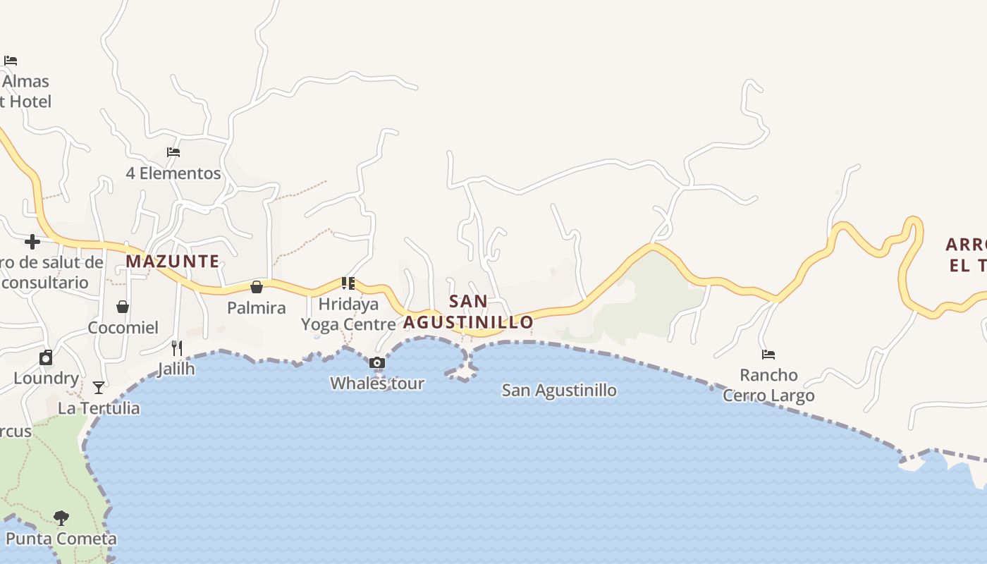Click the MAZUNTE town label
click(x=172, y=262)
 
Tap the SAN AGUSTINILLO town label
click(x=468, y=312)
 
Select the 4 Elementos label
click(x=173, y=173)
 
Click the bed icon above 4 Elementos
click(x=173, y=152)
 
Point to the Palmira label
click(x=257, y=308)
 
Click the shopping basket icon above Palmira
click(x=257, y=287)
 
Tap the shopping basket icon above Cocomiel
click(x=123, y=307)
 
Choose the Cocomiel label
click(x=123, y=328)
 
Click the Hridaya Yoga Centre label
click(x=348, y=314)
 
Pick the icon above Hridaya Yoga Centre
click(x=348, y=283)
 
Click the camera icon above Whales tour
click(x=377, y=363)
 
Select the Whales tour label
click(x=377, y=384)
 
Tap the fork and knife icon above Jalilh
click(x=176, y=348)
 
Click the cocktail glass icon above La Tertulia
click(x=99, y=388)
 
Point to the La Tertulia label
click(x=99, y=408)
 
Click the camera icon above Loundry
click(x=46, y=357)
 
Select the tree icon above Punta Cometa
click(x=61, y=518)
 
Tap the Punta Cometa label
click(x=61, y=539)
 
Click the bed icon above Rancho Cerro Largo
click(x=768, y=354)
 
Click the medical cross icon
click(x=32, y=243)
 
